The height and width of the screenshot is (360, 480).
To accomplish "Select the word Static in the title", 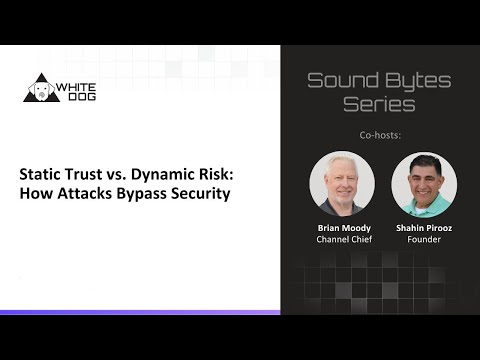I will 41,172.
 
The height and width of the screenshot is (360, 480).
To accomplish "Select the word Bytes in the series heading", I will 416,80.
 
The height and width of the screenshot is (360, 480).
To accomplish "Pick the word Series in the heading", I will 379,104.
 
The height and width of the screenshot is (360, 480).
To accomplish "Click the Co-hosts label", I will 379,133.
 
